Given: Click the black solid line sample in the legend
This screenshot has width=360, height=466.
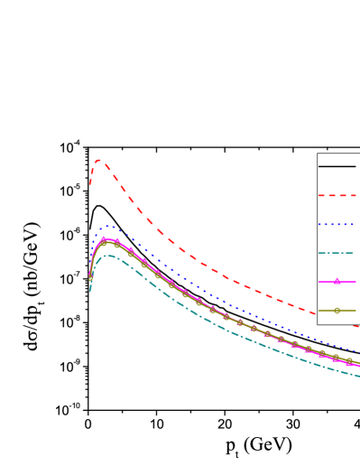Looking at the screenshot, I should pos(337,166).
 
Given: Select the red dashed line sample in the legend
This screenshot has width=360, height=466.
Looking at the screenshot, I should pos(337,195).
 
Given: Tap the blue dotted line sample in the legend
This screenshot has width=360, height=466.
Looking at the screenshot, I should pos(337,224).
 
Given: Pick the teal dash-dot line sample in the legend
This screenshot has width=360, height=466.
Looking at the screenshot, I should pos(337,253).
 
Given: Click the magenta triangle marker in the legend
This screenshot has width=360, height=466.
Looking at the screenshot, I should pos(337,282).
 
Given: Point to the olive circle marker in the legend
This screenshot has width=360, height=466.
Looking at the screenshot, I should pos(337,311).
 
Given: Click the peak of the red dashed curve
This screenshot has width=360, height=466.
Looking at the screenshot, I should pos(98,161).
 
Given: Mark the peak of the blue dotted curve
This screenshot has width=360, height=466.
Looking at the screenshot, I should pos(108,226).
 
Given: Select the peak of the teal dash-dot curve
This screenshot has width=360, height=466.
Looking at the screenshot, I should pos(108,256).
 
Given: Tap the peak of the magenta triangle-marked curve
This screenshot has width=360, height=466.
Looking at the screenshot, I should pos(104,238).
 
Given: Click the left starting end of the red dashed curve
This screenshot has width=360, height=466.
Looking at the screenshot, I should pos(90,184).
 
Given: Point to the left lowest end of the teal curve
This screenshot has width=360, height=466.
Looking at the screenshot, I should pos(90,292).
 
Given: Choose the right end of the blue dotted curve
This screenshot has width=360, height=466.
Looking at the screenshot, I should pos(359,351).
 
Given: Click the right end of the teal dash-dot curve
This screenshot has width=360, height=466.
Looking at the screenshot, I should pos(359,376).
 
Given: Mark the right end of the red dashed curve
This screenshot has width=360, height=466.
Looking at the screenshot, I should pos(359,326).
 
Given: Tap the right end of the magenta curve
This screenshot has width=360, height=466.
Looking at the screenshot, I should pos(359,366).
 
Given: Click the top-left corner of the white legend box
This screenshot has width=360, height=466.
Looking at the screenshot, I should pos(318,154).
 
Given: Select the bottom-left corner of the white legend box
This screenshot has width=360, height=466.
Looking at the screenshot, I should pos(318,324).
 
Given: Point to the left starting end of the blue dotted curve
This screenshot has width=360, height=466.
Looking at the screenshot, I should pos(90,271).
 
